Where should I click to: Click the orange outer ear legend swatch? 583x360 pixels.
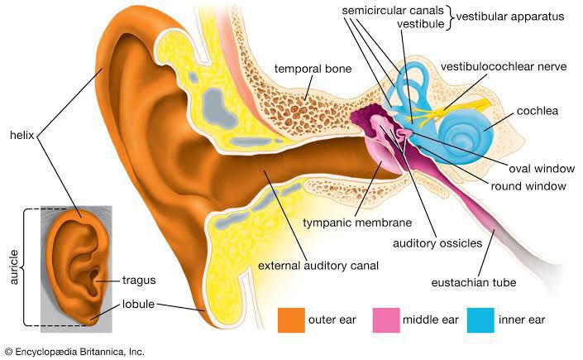click(291, 319)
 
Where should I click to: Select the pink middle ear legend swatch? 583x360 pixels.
click(386, 319)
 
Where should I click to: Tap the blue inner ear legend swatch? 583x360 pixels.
click(480, 319)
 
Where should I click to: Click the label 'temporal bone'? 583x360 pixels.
click(313, 69)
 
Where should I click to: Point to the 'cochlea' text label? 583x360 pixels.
click(538, 111)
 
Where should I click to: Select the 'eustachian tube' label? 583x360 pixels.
click(474, 282)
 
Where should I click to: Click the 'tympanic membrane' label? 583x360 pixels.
click(357, 223)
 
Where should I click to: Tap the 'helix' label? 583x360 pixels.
click(22, 135)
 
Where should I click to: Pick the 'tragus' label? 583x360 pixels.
click(139, 281)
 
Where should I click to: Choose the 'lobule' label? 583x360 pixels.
click(138, 305)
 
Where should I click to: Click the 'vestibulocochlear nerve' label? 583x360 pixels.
click(504, 67)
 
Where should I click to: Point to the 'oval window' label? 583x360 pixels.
click(542, 169)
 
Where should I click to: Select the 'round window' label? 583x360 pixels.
click(528, 186)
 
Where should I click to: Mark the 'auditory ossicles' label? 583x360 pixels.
click(437, 243)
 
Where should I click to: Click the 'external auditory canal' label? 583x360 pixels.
click(318, 266)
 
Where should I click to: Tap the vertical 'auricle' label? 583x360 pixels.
click(13, 267)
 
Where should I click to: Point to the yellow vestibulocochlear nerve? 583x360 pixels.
click(452, 110)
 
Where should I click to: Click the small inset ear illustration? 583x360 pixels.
click(76, 269)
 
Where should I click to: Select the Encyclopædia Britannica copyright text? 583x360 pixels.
click(74, 352)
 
